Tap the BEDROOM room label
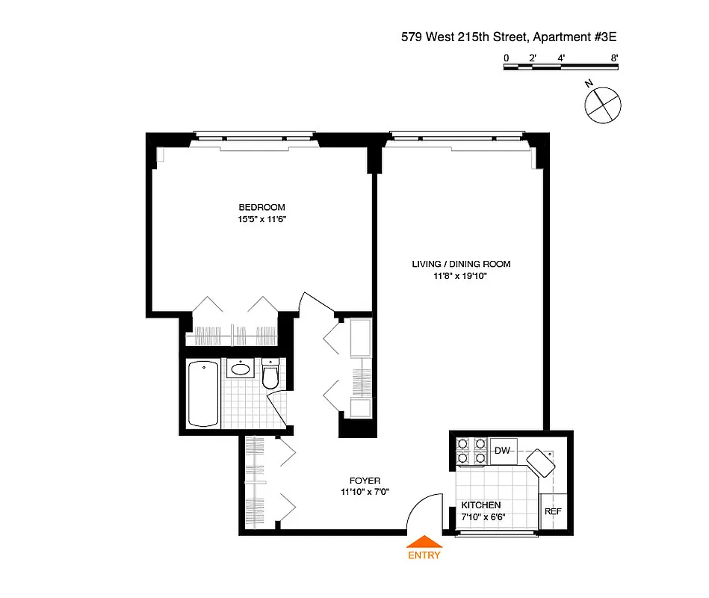(261, 207)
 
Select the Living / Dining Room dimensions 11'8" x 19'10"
(461, 276)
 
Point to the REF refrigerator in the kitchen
(552, 511)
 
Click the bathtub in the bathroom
(203, 394)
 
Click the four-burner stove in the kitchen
(471, 451)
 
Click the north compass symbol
(602, 103)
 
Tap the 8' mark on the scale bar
(614, 58)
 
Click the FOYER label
(365, 480)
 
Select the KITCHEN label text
(480, 505)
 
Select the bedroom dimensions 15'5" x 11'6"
(262, 220)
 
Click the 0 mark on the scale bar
(506, 58)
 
